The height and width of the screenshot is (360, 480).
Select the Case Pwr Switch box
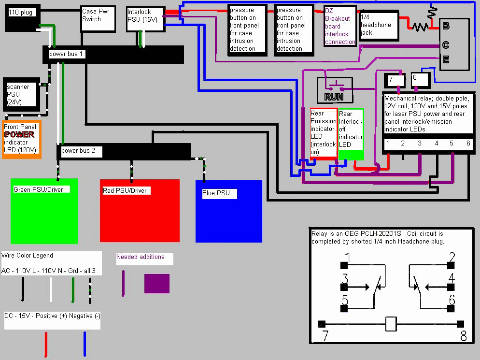tap(98, 18)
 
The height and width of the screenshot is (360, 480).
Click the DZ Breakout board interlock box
tap(340, 27)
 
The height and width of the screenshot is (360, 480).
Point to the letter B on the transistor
tap(446, 26)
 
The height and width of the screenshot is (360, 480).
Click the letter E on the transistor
tap(446, 60)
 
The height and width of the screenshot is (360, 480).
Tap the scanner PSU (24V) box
tap(21, 92)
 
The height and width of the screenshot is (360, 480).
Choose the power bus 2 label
tap(78, 151)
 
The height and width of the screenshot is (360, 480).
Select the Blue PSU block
tap(228, 211)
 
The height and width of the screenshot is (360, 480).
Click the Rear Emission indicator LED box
tap(323, 132)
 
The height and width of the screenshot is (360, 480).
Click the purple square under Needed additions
tap(157, 284)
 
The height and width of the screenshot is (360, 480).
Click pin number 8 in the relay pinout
tap(463, 335)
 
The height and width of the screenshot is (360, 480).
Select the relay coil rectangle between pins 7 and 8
tap(391, 324)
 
